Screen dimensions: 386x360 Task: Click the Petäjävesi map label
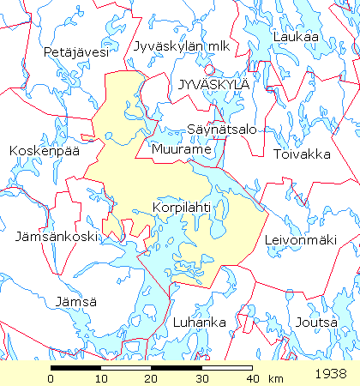[76, 52]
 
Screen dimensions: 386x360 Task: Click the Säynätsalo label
[221, 129]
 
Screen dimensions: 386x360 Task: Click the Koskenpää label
[42, 150]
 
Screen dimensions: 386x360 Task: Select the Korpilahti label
[181, 208]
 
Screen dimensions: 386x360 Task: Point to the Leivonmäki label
[299, 239]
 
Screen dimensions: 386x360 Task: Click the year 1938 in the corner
[331, 374]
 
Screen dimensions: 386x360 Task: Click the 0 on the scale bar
[51, 378]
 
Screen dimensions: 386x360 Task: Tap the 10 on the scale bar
[101, 378]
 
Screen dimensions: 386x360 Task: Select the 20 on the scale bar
[152, 378]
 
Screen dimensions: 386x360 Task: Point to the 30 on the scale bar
[202, 378]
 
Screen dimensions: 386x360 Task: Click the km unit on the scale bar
[275, 378]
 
